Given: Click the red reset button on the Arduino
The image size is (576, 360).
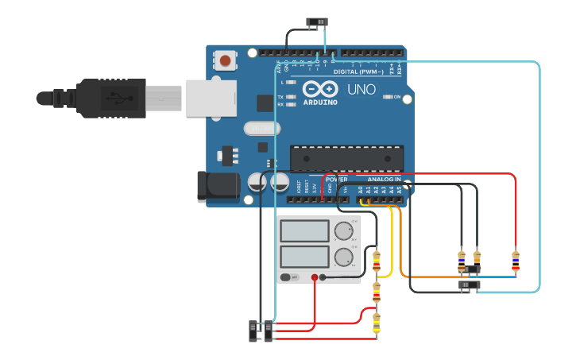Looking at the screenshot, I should click(226, 60).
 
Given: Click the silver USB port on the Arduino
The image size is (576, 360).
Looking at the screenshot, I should click(211, 97).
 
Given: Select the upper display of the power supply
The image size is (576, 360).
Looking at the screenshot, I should click(304, 231).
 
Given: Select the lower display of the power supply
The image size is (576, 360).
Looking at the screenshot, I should click(304, 257).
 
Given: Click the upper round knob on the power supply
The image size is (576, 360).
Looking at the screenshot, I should click(344, 231).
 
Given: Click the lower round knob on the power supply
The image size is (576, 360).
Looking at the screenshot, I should click(344, 257).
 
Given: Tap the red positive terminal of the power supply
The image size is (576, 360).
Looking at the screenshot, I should click(315, 277).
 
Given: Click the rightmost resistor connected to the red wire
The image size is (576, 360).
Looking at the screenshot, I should click(516, 259).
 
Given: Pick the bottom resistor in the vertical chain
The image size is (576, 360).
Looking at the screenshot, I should click(377, 323).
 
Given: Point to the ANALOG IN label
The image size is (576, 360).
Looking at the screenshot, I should click(384, 180).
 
